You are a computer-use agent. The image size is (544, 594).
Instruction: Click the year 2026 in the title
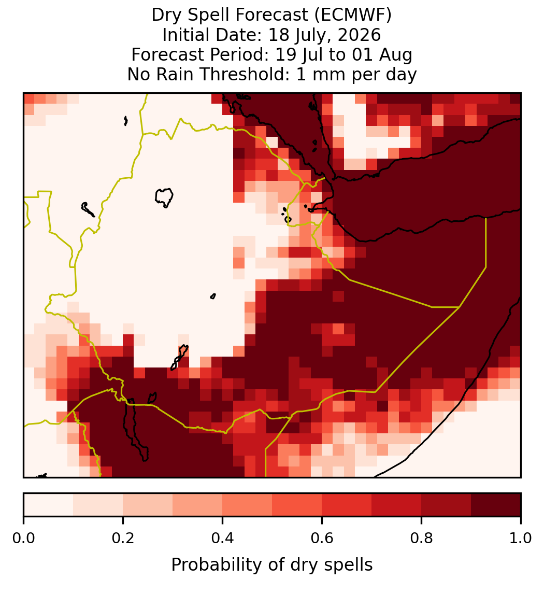click(x=359, y=35)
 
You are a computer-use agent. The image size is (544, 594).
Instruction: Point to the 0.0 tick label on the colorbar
click(x=24, y=538)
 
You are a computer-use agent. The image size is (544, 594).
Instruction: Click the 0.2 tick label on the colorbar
click(x=123, y=538)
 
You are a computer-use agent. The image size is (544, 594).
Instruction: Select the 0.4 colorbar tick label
click(x=223, y=538)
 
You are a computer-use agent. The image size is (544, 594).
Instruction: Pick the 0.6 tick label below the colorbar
click(x=322, y=538)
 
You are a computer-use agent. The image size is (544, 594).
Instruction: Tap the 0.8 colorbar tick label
click(x=422, y=538)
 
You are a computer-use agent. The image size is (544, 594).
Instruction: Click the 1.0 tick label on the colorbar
click(x=521, y=538)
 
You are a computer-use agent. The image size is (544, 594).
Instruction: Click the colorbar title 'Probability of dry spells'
click(x=272, y=565)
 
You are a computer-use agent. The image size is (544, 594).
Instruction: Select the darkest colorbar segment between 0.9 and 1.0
click(x=496, y=505)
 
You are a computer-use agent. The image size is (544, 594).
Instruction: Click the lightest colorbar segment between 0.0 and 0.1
click(x=49, y=505)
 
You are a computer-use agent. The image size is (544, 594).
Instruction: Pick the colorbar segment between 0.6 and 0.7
click(x=347, y=505)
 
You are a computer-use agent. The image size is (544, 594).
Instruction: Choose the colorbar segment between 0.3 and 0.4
click(x=197, y=505)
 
